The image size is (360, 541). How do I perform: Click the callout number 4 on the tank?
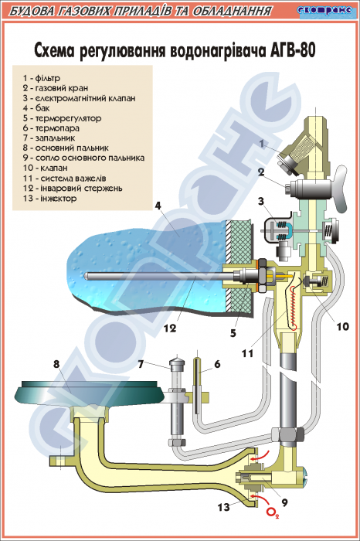pyautogui.click(x=158, y=206)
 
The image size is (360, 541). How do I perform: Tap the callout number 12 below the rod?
pyautogui.click(x=170, y=328)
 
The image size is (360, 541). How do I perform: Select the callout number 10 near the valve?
pyautogui.click(x=342, y=326)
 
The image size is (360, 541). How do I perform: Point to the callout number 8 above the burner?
pyautogui.click(x=56, y=364)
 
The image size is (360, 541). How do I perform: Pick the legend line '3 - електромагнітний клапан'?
pyautogui.click(x=80, y=98)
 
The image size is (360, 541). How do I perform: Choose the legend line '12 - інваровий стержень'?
pyautogui.click(x=73, y=189)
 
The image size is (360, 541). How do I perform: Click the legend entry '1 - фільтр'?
pyautogui.click(x=42, y=78)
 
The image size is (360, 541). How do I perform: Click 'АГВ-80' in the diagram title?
pyautogui.click(x=290, y=50)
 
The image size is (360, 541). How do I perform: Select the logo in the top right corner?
pyautogui.click(x=326, y=11)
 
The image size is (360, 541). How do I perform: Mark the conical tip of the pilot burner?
pyautogui.click(x=177, y=362)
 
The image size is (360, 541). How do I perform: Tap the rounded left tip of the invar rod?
pyautogui.click(x=87, y=277)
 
